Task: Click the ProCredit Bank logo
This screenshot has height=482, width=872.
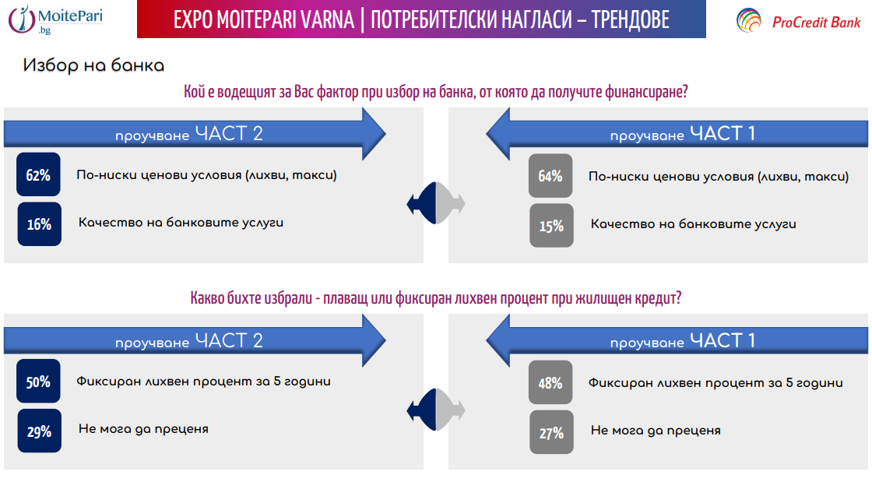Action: point(798,21)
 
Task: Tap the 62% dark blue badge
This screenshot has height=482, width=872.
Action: point(38,175)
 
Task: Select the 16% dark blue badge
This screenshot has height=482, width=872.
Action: point(39,224)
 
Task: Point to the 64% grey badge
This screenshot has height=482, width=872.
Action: point(550,175)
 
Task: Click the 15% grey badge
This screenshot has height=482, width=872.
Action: point(551,226)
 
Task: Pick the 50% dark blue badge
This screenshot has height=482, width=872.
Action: point(38,382)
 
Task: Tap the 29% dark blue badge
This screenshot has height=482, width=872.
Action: point(39,431)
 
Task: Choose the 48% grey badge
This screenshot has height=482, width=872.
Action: point(550,383)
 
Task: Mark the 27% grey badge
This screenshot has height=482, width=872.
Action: point(551,432)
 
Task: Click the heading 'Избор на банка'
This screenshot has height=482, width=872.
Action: point(93,65)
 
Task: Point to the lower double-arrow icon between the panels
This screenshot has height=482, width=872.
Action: point(436,410)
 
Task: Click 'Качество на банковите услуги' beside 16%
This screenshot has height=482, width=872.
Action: point(181,223)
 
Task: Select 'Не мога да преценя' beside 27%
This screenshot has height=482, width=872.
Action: point(656,430)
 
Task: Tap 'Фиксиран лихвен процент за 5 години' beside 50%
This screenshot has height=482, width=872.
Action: point(203,382)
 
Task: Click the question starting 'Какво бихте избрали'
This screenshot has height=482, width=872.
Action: point(436,299)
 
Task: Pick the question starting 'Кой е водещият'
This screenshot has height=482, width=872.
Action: point(436,93)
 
